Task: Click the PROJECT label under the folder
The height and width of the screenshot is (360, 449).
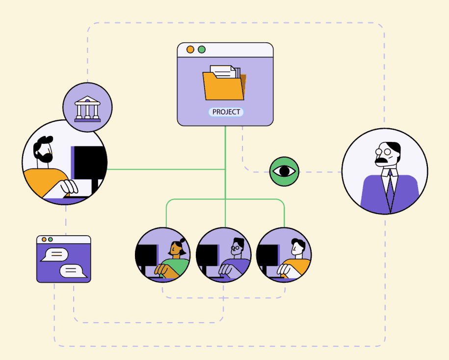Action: (x=226, y=112)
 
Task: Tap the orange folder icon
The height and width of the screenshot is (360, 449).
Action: (x=224, y=86)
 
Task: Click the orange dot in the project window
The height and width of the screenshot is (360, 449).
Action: (x=190, y=50)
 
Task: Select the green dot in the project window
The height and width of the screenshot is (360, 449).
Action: (x=201, y=50)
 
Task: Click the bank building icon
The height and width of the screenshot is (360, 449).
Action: (x=87, y=108)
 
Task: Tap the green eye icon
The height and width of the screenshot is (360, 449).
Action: (x=284, y=171)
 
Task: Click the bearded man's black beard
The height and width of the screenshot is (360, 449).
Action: (x=43, y=156)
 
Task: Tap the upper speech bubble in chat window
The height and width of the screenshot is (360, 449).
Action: (x=54, y=254)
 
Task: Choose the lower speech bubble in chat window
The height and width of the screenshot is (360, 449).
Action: (x=74, y=271)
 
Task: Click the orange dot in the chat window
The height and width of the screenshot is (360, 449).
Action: (x=44, y=240)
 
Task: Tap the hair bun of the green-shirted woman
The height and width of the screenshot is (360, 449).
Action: (x=182, y=240)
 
